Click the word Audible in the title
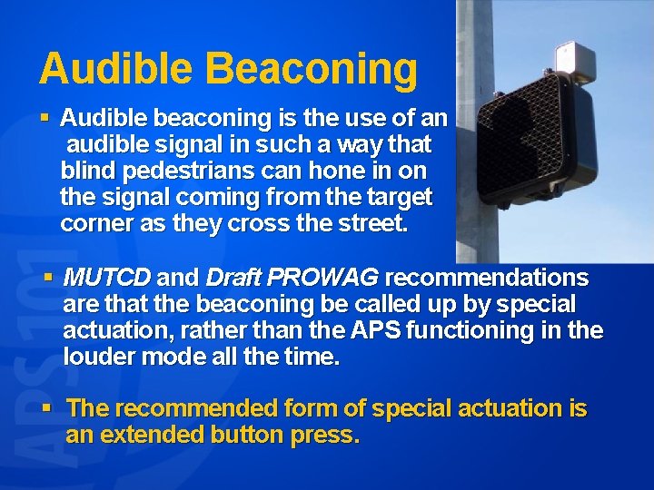116,69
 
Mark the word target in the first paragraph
393,197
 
